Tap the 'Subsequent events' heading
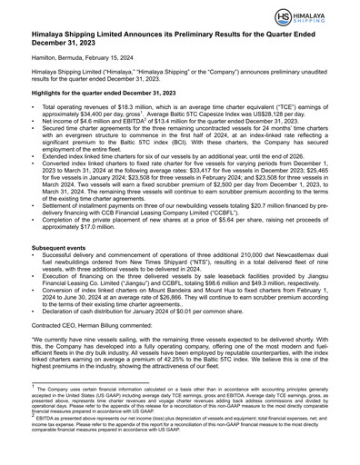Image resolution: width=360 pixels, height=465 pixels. [62, 272]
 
